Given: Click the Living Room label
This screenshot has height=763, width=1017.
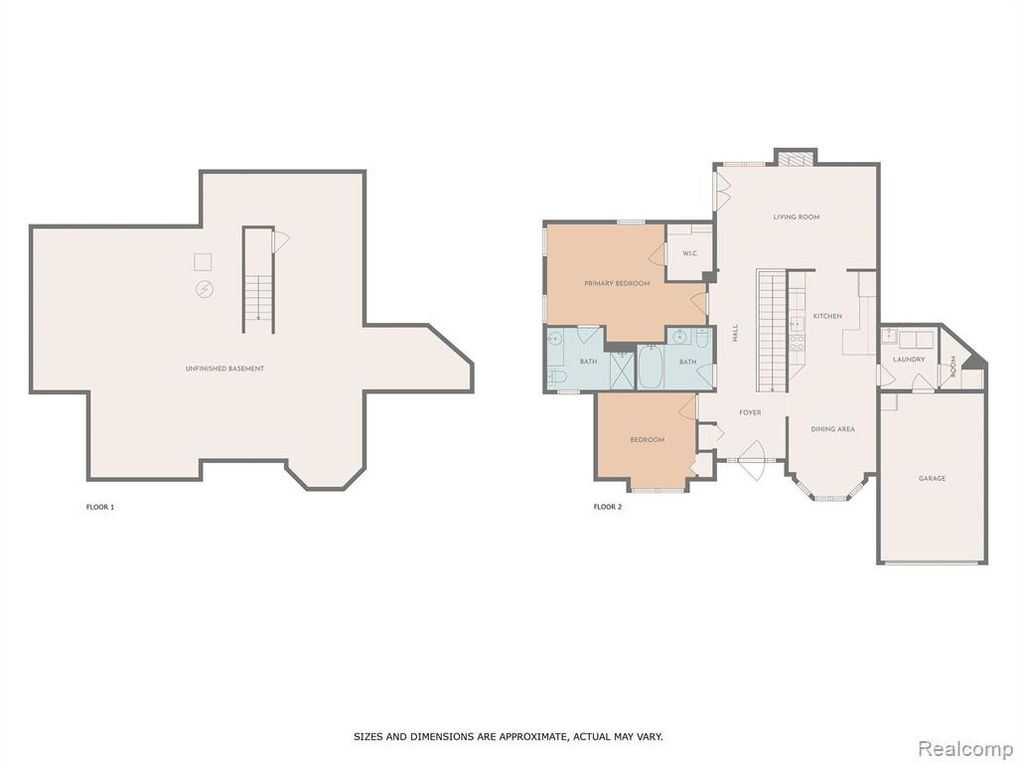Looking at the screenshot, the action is [x=796, y=217].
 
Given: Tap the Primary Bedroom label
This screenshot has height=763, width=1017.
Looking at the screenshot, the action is [x=617, y=283].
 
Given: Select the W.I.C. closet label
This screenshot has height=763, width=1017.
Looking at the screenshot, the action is [x=690, y=253].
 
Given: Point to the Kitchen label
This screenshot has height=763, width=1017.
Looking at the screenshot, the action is [x=827, y=316].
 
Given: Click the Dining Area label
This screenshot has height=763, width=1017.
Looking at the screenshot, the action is [x=833, y=429].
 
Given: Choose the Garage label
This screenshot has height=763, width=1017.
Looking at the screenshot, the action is [x=932, y=478].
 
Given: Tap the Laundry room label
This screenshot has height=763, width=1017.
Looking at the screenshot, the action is [x=909, y=360].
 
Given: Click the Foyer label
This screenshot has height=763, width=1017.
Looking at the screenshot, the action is [x=751, y=412].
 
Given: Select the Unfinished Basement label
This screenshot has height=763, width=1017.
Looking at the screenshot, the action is [x=225, y=369].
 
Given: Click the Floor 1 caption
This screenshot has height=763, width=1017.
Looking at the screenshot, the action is [x=100, y=507].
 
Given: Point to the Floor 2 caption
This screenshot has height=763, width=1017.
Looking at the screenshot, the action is [x=608, y=507].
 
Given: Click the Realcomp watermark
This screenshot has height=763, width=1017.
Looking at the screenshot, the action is [x=963, y=748].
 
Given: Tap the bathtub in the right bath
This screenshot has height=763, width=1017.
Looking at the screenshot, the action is [x=651, y=368].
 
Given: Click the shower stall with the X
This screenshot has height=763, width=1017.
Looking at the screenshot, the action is [x=622, y=372].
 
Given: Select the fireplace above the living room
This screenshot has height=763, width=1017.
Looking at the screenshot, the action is [x=796, y=159].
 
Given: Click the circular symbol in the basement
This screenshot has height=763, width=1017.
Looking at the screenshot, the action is [x=205, y=289].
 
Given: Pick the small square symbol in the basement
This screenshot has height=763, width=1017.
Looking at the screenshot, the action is [x=203, y=261].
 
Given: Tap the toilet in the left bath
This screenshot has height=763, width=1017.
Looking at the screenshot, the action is [x=557, y=377].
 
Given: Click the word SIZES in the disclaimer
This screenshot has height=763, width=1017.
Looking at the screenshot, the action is [x=367, y=736].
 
